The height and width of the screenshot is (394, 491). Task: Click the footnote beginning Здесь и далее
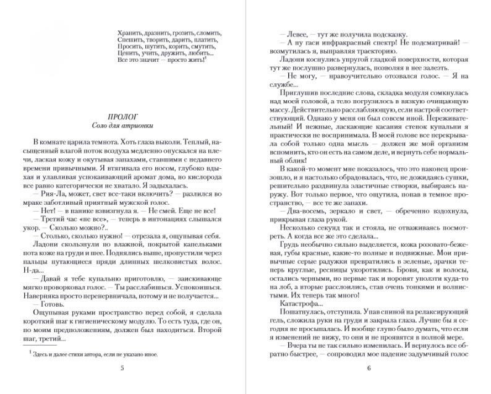click(x=93, y=355)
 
